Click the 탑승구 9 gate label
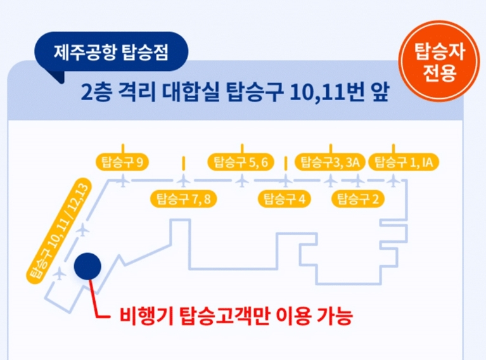pyautogui.click(x=121, y=162)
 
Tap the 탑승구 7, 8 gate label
pyautogui.click(x=183, y=199)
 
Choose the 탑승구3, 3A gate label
pyautogui.click(x=330, y=162)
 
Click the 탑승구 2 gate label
pyautogui.click(x=359, y=199)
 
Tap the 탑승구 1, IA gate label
pyautogui.click(x=404, y=162)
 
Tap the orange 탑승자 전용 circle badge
pyautogui.click(x=439, y=63)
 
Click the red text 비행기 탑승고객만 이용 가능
pyautogui.click(x=235, y=315)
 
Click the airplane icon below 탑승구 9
pyautogui.click(x=123, y=181)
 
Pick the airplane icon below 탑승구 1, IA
pyautogui.click(x=394, y=181)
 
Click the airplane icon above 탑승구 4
pyautogui.click(x=285, y=181)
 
